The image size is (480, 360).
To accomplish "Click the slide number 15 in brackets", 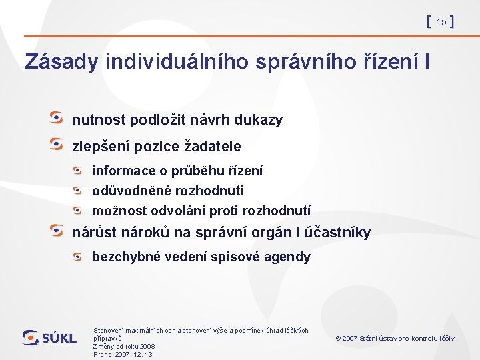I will [x=441, y=23].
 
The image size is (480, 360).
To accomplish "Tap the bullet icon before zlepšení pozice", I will [x=58, y=143].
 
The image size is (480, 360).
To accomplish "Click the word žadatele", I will [x=212, y=145].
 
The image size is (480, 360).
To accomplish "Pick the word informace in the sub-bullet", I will [x=121, y=171].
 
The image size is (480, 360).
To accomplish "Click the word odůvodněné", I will [x=131, y=191].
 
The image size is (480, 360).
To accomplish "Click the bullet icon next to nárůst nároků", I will [x=58, y=230].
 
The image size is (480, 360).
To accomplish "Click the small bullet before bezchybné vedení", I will [x=79, y=255].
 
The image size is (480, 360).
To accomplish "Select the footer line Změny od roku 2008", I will [x=124, y=346].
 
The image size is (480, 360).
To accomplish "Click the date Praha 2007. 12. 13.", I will [x=123, y=354].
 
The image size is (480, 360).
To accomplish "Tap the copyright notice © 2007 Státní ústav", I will [x=395, y=338].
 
